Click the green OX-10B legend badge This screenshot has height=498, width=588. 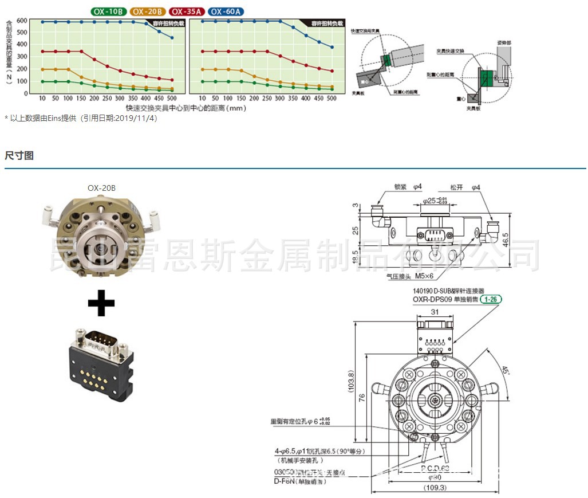(109, 11)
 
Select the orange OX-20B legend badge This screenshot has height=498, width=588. (148, 11)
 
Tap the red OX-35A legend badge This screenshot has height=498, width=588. (187, 11)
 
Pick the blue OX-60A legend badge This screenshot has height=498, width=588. (226, 11)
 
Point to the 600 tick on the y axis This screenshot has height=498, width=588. (22, 21)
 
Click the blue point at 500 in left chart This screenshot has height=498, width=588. (172, 38)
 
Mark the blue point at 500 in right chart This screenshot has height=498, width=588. (332, 47)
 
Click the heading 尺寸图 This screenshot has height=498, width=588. (19, 155)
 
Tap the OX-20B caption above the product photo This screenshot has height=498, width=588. (102, 187)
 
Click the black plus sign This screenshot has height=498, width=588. (101, 303)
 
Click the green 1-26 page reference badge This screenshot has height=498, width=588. (491, 299)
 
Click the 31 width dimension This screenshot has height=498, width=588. (435, 312)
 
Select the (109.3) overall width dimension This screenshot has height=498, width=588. (435, 488)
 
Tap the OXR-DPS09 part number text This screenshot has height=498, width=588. (431, 299)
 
